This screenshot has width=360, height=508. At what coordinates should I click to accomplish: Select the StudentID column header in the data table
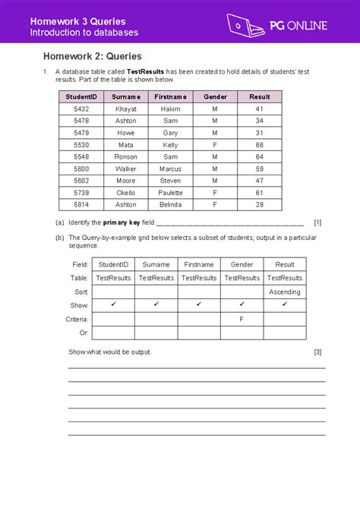pyautogui.click(x=81, y=97)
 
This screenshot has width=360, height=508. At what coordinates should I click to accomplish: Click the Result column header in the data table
pyautogui.click(x=259, y=97)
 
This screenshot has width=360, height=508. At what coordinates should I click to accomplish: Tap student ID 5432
pyautogui.click(x=81, y=109)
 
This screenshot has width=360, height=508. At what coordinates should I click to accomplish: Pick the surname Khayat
pyautogui.click(x=126, y=109)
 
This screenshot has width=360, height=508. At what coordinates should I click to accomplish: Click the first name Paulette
pyautogui.click(x=170, y=193)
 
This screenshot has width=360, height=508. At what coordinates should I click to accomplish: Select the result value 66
pyautogui.click(x=259, y=145)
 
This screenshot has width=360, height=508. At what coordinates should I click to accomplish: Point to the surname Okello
pyautogui.click(x=126, y=193)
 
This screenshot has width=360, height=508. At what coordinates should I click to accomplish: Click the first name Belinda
pyautogui.click(x=170, y=205)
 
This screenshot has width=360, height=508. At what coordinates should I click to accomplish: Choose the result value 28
pyautogui.click(x=259, y=205)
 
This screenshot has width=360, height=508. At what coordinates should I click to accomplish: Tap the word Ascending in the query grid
pyautogui.click(x=285, y=292)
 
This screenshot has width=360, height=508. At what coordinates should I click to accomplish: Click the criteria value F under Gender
pyautogui.click(x=242, y=320)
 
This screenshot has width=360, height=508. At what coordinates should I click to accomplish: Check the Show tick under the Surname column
pyautogui.click(x=156, y=305)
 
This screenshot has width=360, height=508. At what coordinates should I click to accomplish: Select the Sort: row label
pyautogui.click(x=81, y=292)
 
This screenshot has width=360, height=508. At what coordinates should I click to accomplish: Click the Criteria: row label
pyautogui.click(x=78, y=320)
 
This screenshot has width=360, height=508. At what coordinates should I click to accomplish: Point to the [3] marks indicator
pyautogui.click(x=317, y=352)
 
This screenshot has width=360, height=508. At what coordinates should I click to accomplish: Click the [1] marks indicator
pyautogui.click(x=317, y=222)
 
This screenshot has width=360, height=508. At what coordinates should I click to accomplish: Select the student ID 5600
pyautogui.click(x=81, y=169)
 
